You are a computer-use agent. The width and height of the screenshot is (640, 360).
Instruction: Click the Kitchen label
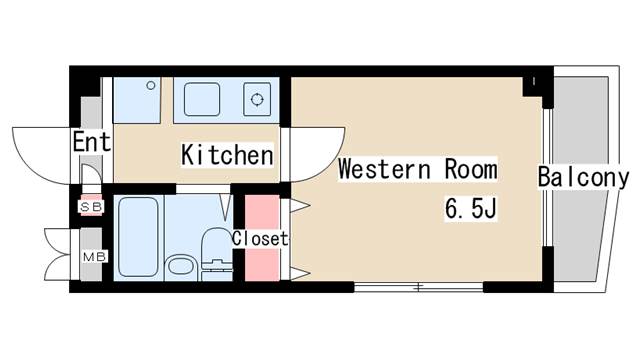pos(227,156)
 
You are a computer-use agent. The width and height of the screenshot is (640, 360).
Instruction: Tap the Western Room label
pos(417,169)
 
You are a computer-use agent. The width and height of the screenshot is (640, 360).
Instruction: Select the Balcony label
pos(583,178)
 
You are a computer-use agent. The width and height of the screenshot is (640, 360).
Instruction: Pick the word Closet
pos(260,239)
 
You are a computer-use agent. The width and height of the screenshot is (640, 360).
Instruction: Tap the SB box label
pos(90,207)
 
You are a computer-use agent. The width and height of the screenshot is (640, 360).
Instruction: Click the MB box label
pos(91,255)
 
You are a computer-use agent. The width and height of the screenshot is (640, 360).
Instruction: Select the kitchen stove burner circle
pos(257,99)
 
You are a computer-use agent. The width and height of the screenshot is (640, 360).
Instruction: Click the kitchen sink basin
pos(203,99)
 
